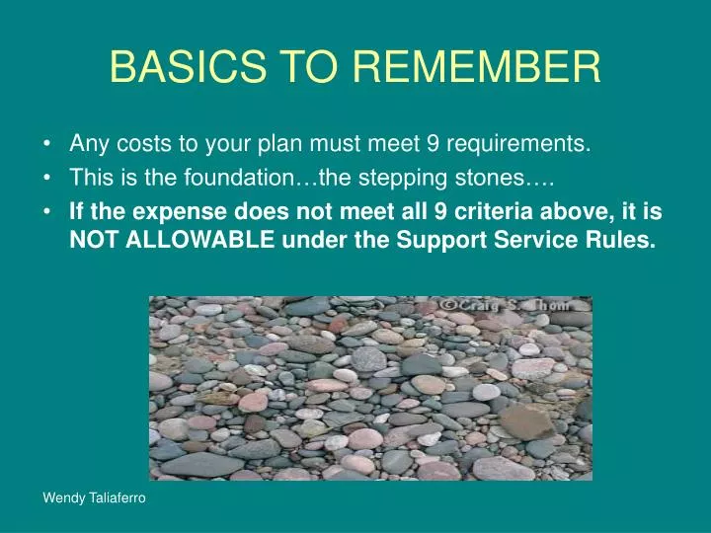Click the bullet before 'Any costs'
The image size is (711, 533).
49,145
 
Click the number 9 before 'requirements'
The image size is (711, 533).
433,145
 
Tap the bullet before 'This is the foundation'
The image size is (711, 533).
49,179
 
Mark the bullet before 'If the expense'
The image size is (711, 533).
49,212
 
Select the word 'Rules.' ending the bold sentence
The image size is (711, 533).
623,240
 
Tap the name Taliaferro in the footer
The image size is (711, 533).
115,500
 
